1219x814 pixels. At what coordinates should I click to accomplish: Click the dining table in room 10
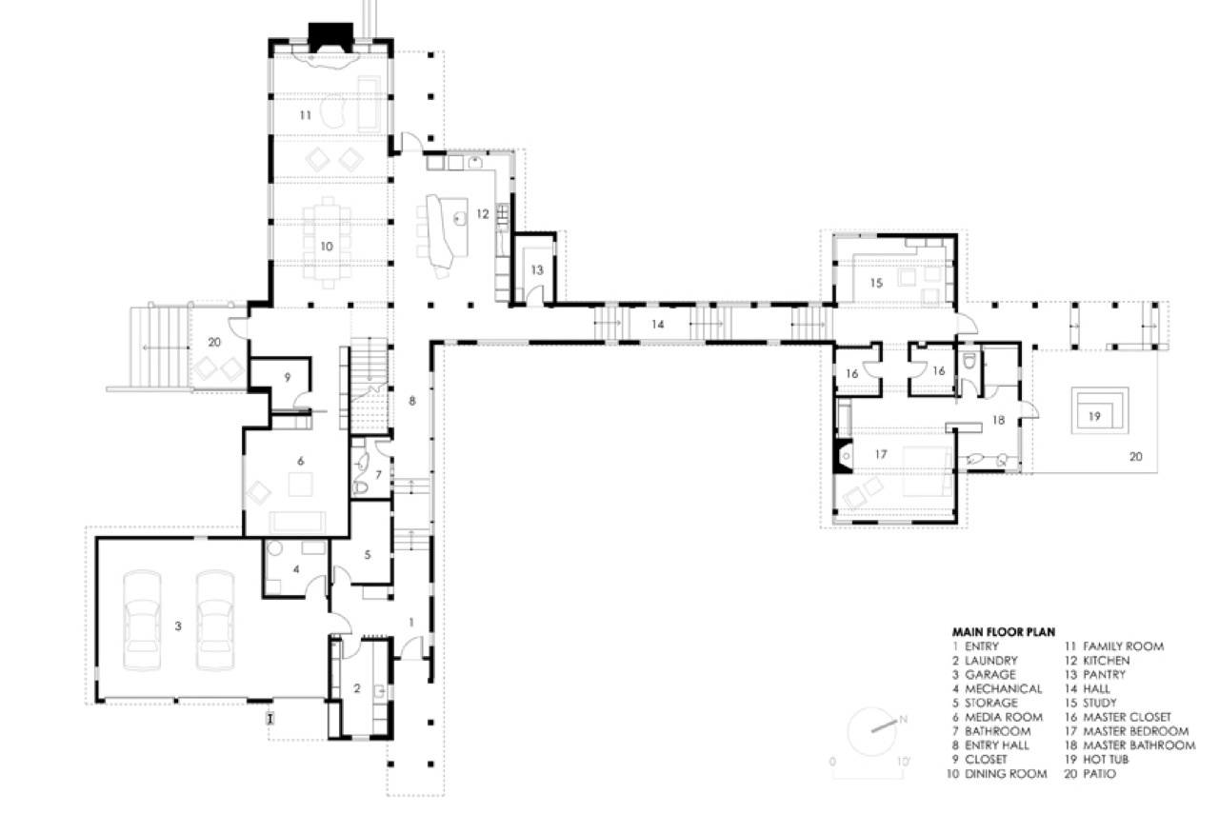click(x=327, y=243)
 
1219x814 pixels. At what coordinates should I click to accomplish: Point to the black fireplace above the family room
click(x=330, y=37)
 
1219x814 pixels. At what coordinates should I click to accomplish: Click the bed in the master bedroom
click(x=928, y=471)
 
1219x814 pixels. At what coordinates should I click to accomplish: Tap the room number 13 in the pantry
click(x=537, y=269)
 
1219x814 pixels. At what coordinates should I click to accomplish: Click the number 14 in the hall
click(x=658, y=325)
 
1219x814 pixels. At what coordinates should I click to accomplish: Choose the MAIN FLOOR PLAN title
click(x=1004, y=632)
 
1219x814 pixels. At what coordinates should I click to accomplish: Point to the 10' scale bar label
click(x=903, y=762)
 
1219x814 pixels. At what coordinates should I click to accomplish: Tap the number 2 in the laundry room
click(x=357, y=688)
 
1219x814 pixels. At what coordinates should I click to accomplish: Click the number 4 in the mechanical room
click(x=296, y=569)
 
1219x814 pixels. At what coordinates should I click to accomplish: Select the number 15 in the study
click(x=876, y=283)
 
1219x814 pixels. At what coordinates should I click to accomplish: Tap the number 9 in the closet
click(x=288, y=377)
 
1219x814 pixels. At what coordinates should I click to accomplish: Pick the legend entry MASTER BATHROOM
click(x=1139, y=745)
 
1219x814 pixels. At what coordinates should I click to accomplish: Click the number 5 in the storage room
click(x=368, y=554)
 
